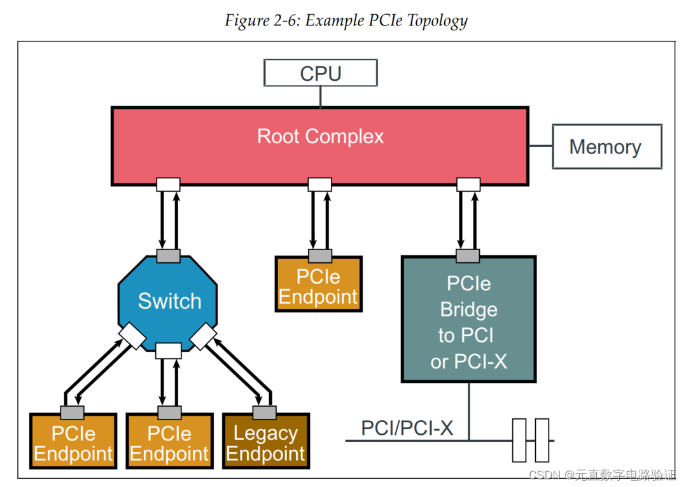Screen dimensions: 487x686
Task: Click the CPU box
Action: click(321, 73)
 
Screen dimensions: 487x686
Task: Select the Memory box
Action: click(606, 146)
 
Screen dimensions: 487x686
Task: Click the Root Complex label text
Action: click(320, 136)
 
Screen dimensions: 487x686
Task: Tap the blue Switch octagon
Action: click(169, 300)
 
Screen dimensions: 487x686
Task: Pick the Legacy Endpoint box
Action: click(265, 444)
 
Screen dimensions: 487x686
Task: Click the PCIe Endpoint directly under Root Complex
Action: click(318, 287)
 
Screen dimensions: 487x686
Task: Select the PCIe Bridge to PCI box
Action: click(468, 322)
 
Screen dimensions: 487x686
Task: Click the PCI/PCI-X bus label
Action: click(407, 428)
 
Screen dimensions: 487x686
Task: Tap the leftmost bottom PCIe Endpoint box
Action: click(73, 444)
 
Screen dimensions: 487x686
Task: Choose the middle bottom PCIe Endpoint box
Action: click(169, 444)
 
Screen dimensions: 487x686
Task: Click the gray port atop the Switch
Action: click(169, 256)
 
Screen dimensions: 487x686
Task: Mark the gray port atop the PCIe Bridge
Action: click(468, 256)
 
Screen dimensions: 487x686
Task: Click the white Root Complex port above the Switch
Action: click(169, 185)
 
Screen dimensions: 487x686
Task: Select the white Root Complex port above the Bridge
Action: click(468, 185)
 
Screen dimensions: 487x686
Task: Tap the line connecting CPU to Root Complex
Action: click(321, 96)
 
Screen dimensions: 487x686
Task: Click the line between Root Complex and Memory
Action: click(540, 146)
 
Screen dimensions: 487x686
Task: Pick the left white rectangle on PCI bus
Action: click(519, 440)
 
